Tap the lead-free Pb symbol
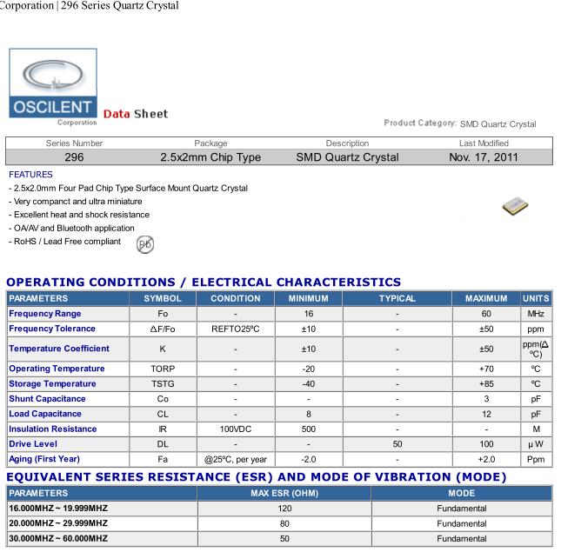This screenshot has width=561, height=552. coord(145,244)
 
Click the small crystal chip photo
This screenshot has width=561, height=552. coord(516,206)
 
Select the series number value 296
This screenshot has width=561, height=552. coord(74,157)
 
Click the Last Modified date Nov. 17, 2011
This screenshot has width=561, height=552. coord(483,157)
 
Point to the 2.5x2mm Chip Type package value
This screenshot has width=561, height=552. coord(210,157)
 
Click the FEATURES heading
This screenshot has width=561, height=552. coord(30,174)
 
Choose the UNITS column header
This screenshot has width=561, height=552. coord(536,298)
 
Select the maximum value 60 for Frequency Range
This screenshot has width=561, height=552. coord(486,313)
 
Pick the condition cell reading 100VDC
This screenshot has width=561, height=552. coord(236,429)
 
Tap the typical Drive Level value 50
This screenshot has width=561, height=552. coord(397,443)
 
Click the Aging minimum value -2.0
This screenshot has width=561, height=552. coord(308,458)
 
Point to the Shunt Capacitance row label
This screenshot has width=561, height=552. coord(47,398)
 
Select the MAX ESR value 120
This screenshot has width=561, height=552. coord(284,508)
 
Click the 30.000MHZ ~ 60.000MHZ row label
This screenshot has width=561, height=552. coord(58,538)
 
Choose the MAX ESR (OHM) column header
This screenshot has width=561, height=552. coord(284,492)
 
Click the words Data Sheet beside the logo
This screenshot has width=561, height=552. coord(136,114)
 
